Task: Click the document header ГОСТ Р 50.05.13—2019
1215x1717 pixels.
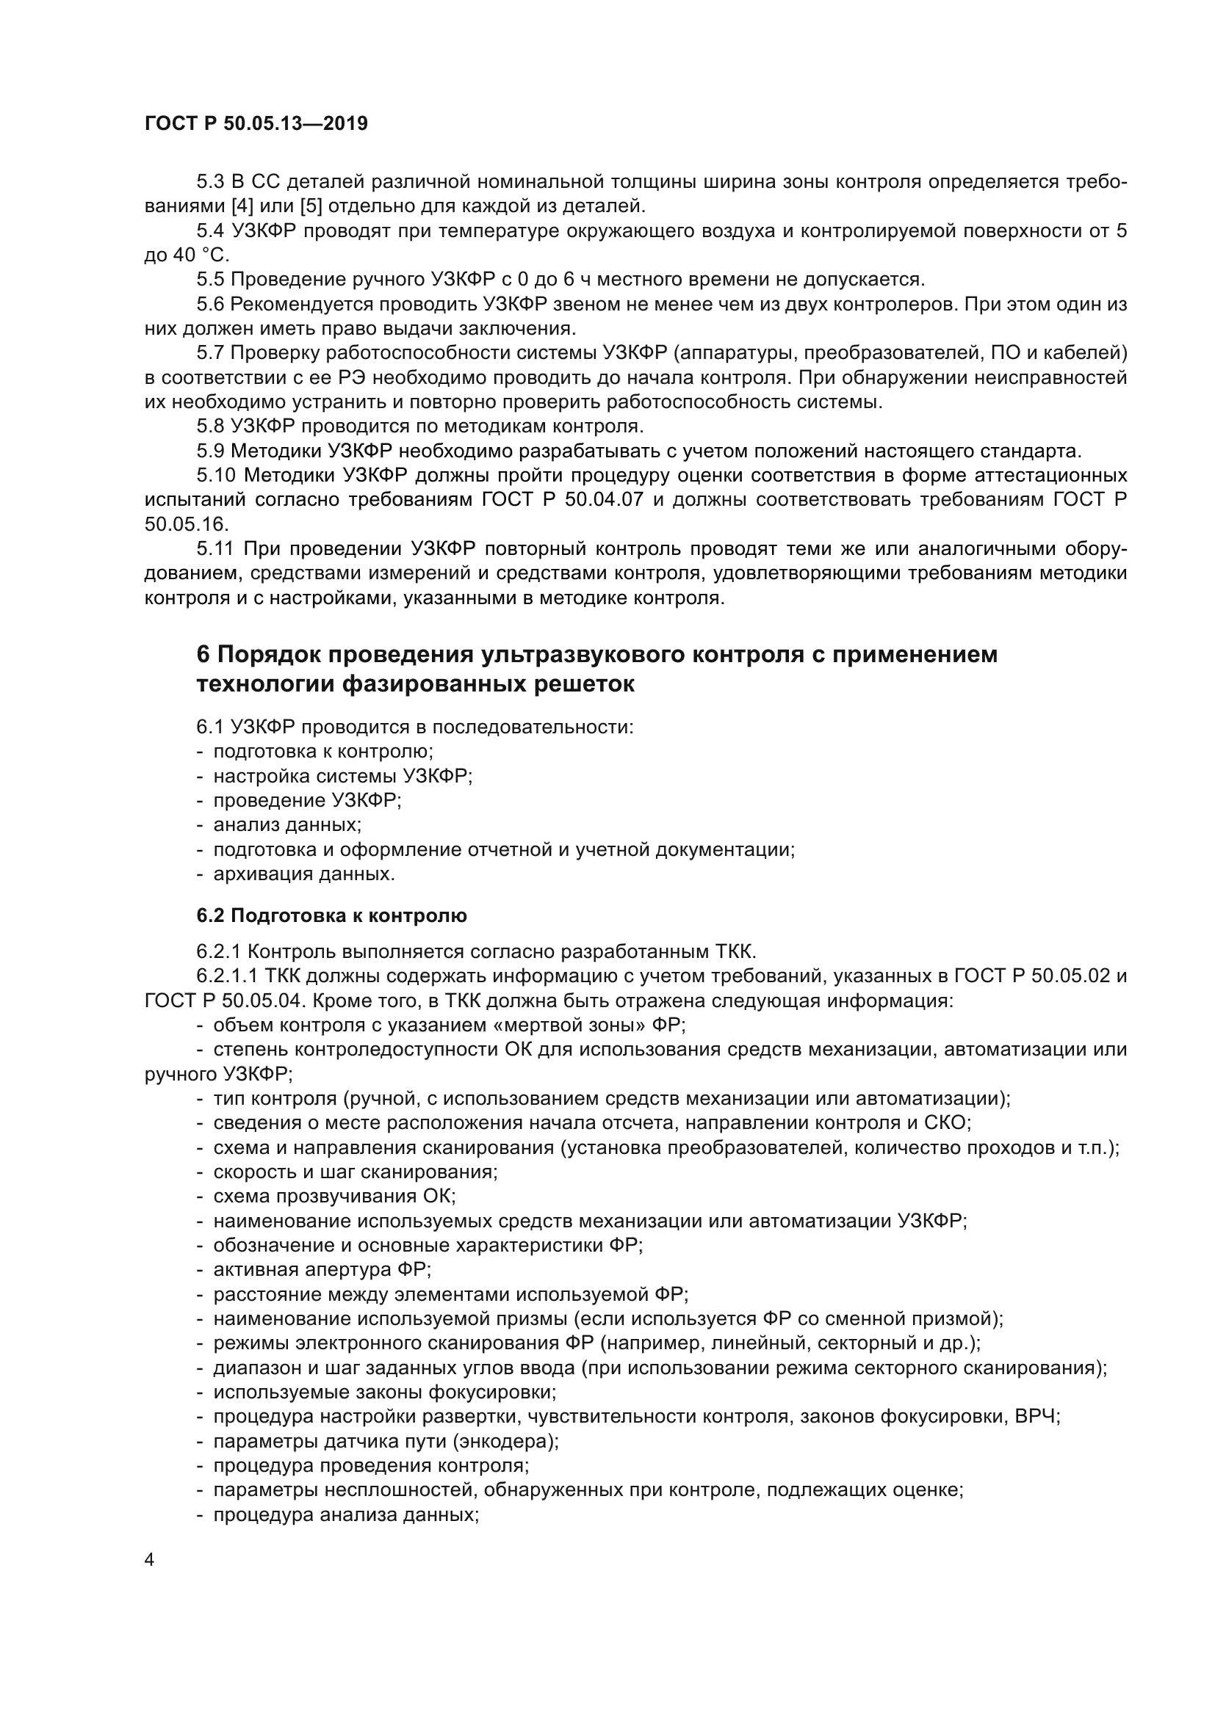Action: tap(256, 124)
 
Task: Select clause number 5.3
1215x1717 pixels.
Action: tap(209, 182)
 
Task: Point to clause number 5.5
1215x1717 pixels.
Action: tap(209, 280)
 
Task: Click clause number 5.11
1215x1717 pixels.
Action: tap(214, 549)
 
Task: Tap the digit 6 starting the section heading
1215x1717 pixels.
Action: tap(203, 654)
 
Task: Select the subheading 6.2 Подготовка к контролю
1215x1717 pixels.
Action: tap(331, 915)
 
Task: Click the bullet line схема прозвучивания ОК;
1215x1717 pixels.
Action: tap(334, 1196)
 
